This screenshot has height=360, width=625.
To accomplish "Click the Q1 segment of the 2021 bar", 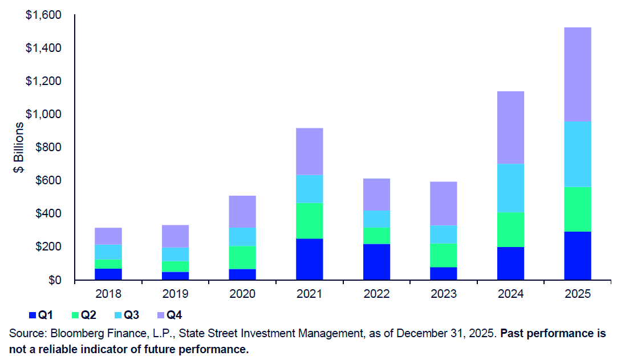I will click(309, 259).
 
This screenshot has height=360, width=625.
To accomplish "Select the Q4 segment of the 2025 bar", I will click(577, 74).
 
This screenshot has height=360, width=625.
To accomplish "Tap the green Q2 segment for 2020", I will click(242, 257).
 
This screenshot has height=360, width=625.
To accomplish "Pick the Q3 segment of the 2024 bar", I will click(510, 188).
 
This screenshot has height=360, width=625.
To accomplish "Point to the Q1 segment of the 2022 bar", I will click(376, 262).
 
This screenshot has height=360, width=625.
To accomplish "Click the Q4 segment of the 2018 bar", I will click(108, 236).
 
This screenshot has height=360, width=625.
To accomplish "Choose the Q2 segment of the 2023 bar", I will click(443, 255).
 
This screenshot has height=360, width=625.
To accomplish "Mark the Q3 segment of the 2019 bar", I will click(175, 254).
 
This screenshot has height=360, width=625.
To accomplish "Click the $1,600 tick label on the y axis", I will click(43, 15).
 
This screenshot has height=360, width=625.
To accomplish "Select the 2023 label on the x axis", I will click(443, 294).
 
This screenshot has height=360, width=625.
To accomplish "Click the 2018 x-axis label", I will click(108, 294).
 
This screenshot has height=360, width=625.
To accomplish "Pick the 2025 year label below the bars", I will click(577, 294).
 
